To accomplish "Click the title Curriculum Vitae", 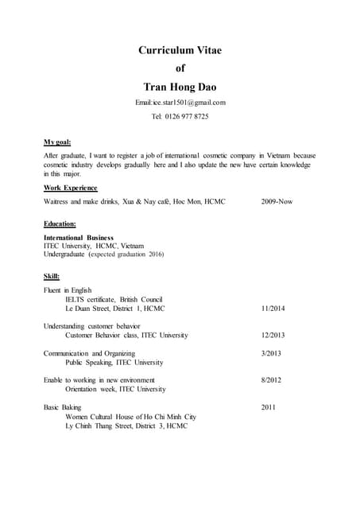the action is coord(180,50).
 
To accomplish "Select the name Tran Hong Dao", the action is coord(180,85).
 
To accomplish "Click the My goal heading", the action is coord(57,142).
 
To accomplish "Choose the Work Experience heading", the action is coord(70,188).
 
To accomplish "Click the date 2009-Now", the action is coord(277,202).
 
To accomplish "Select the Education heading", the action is coord(60,224).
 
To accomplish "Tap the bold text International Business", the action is coord(78,238).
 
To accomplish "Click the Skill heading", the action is coord(52,276).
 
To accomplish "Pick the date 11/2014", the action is coord(274,308).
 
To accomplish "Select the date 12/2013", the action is coord(274,336).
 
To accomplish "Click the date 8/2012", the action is coord(271,380).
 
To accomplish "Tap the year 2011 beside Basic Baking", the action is coord(269,407).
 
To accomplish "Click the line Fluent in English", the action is coord(68,290).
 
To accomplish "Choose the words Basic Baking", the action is coord(64,407).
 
